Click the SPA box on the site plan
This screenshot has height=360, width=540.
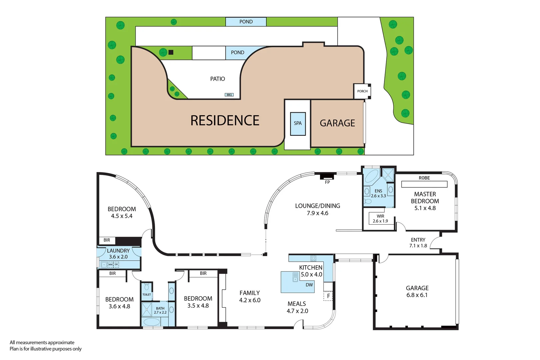pos(298,124)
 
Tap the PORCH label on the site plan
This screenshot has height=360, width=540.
pos(362,91)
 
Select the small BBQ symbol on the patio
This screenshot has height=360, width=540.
pos(229,95)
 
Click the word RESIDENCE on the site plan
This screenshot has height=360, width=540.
pos(225,121)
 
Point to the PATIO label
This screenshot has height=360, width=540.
pos(217,79)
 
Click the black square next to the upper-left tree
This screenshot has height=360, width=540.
pos(171,52)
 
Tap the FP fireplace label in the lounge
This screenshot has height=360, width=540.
pos(327,182)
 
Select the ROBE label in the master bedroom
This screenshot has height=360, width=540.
pos(424,178)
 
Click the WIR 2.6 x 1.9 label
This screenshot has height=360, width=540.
pos(380,219)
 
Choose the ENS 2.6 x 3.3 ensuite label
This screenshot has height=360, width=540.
pos(378,194)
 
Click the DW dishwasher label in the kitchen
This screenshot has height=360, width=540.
pos(309,285)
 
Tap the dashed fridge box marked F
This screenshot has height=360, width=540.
pos(328,296)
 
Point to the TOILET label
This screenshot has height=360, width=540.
pos(147,295)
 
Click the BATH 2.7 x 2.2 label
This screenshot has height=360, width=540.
pos(160,310)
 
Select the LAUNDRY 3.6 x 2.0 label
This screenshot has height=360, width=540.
pos(118,254)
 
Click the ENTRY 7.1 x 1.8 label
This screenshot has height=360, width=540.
pos(418,243)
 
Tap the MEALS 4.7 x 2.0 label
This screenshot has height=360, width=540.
pos(297,307)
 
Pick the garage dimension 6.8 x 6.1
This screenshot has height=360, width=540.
pos(417,295)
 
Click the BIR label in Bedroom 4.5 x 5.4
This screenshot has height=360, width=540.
pos(107,240)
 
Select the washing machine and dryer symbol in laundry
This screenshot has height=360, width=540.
pos(113,265)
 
